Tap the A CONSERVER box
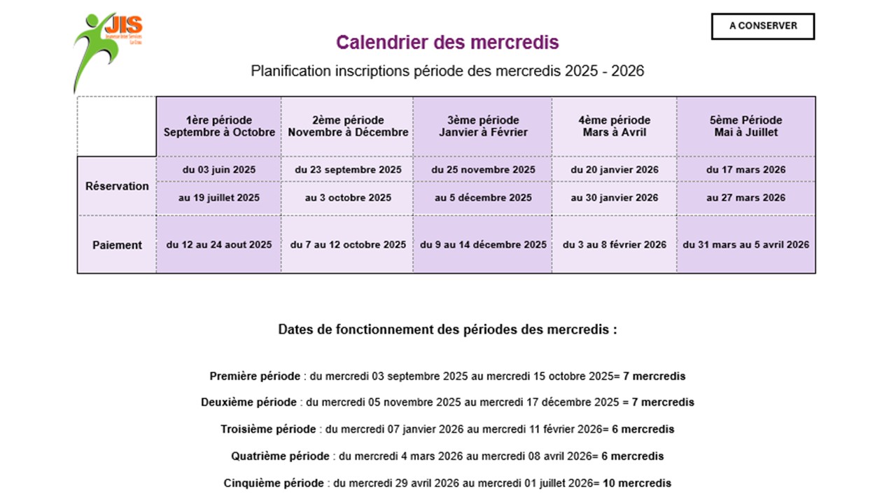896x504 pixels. pyautogui.click(x=763, y=26)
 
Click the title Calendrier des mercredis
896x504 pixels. pyautogui.click(x=447, y=43)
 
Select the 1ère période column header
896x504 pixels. pyautogui.click(x=219, y=126)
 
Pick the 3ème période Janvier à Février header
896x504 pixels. pyautogui.click(x=483, y=126)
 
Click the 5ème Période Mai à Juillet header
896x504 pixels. pyautogui.click(x=745, y=126)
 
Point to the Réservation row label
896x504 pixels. pyautogui.click(x=117, y=186)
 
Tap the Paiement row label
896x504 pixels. pyautogui.click(x=117, y=245)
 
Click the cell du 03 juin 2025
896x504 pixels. pyautogui.click(x=219, y=169)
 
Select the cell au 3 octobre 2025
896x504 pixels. pyautogui.click(x=348, y=198)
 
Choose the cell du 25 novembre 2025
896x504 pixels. pyautogui.click(x=483, y=169)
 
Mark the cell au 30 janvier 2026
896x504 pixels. pyautogui.click(x=614, y=198)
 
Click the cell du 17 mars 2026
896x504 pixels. pyautogui.click(x=745, y=169)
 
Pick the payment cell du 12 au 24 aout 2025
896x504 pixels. pyautogui.click(x=219, y=245)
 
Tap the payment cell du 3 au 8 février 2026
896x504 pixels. pyautogui.click(x=614, y=245)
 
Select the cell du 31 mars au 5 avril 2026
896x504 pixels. pyautogui.click(x=745, y=245)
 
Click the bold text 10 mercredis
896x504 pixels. pyautogui.click(x=637, y=484)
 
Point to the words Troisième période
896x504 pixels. pyautogui.click(x=268, y=429)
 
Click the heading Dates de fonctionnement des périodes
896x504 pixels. pyautogui.click(x=447, y=330)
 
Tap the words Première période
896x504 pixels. pyautogui.click(x=255, y=377)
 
